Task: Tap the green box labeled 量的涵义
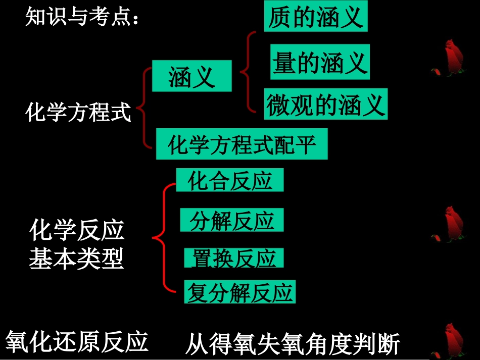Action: [319, 62]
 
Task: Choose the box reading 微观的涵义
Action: [326, 105]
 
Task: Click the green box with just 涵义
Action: [191, 76]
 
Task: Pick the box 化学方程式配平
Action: [242, 144]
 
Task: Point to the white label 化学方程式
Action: [78, 112]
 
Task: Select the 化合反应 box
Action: [230, 180]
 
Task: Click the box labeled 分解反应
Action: [232, 221]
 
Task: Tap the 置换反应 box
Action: [233, 258]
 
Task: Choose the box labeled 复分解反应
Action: [239, 292]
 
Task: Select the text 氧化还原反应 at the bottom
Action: [77, 341]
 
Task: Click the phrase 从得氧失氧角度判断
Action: [293, 345]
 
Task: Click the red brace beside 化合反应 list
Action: [163, 237]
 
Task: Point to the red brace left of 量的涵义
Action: [247, 71]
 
